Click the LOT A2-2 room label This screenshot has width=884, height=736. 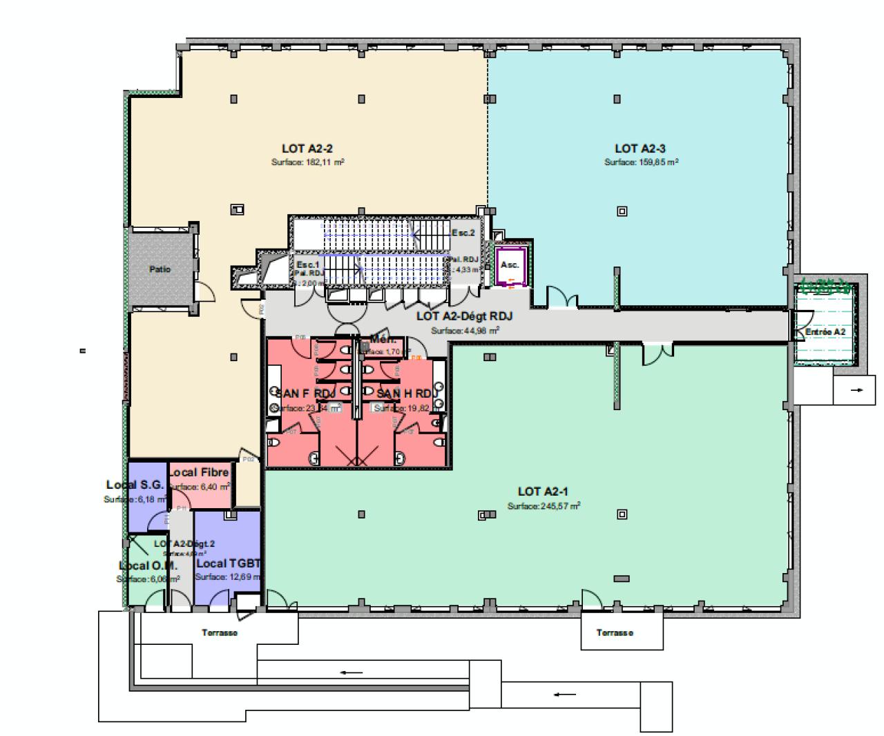(307, 148)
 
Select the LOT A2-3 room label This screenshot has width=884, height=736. (640, 148)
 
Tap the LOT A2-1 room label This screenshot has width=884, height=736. (543, 492)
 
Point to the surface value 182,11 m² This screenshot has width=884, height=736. (307, 163)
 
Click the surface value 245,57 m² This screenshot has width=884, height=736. (544, 506)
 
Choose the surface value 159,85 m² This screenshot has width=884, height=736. (641, 163)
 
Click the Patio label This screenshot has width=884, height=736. (160, 269)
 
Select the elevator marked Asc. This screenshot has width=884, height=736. (510, 265)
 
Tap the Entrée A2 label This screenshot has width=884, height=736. (825, 332)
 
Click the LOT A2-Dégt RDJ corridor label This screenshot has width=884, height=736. (464, 316)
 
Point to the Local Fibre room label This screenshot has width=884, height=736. (199, 472)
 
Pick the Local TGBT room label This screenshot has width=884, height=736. (227, 564)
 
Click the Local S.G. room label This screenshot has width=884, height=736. (135, 485)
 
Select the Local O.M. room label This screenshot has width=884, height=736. (148, 566)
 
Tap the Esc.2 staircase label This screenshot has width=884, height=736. (463, 233)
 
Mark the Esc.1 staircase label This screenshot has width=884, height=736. (308, 264)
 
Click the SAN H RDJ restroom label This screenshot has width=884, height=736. (407, 394)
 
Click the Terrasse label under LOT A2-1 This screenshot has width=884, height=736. (615, 632)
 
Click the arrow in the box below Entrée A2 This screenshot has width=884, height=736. (857, 390)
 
